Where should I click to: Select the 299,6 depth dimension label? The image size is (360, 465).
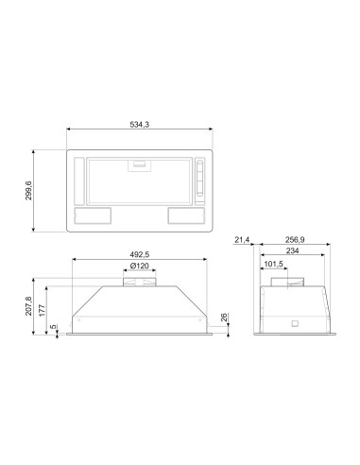point(29,190)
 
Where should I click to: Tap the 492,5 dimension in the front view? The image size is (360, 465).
point(139,253)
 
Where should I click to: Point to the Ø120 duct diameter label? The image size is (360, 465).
point(140,267)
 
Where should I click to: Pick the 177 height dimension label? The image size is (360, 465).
point(43,313)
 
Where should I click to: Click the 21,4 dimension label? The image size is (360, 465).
point(241,243)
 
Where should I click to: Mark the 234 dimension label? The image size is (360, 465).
point(295,252)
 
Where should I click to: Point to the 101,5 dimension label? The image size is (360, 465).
point(274,264)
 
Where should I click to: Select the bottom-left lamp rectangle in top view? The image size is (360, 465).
point(90,215)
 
